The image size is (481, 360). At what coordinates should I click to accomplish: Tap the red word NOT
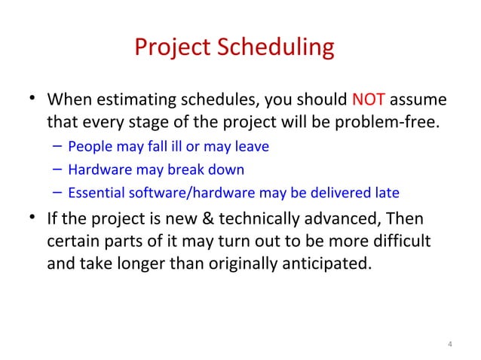pyautogui.click(x=368, y=100)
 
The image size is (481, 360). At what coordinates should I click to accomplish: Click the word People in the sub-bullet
pyautogui.click(x=88, y=146)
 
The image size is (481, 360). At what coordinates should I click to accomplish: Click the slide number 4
pyautogui.click(x=449, y=346)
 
